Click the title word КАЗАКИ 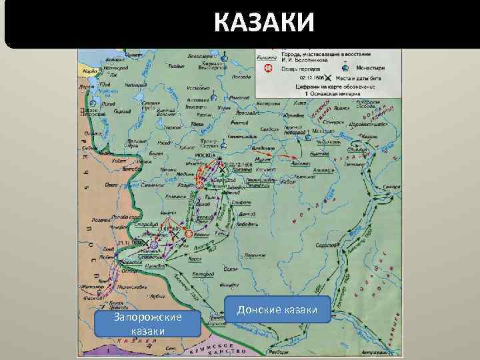click(264, 23)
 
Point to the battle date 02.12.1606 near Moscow click(238, 163)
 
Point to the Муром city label click(261, 161)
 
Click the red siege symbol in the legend click(271, 68)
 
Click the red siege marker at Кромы click(189, 234)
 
